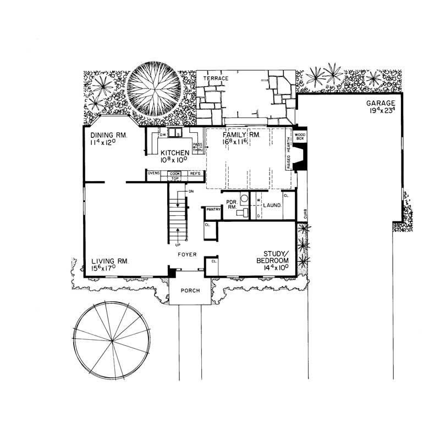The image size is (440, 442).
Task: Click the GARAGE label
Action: pyautogui.click(x=381, y=103)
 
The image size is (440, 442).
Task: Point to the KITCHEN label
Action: pyautogui.click(x=175, y=152)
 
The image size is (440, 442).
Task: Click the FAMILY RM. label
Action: pyautogui.click(x=241, y=135)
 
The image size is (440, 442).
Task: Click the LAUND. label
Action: pyautogui.click(x=272, y=205)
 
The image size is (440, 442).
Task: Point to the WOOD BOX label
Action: pyautogui.click(x=300, y=137)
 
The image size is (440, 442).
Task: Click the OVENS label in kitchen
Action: pyautogui.click(x=155, y=174)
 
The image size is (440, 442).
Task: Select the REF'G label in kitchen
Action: pyautogui.click(x=195, y=174)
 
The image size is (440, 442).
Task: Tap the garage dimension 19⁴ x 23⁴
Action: pyautogui.click(x=381, y=110)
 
